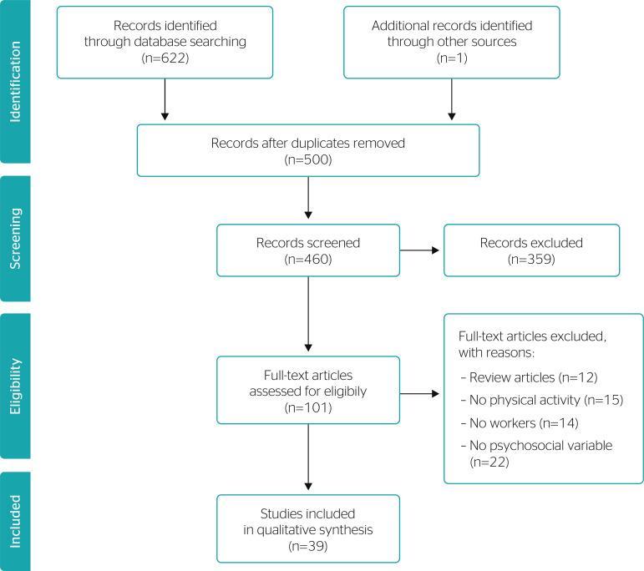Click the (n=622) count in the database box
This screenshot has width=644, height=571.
165,60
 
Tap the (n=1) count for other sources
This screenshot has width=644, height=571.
451,60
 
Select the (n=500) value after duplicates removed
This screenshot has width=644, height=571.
308,159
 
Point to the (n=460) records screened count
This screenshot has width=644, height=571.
308,260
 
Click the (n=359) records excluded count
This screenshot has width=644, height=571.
531,260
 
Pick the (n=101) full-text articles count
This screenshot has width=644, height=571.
308,409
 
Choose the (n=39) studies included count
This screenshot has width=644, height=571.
308,547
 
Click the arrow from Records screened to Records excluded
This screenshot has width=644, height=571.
421,250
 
